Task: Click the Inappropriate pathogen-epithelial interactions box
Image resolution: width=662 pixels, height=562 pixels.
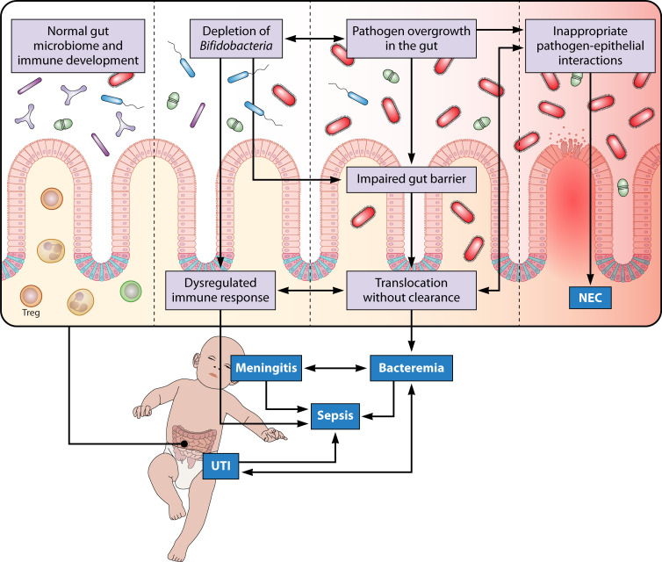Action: (x=590, y=46)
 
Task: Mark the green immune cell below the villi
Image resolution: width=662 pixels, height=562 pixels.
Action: (x=131, y=291)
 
